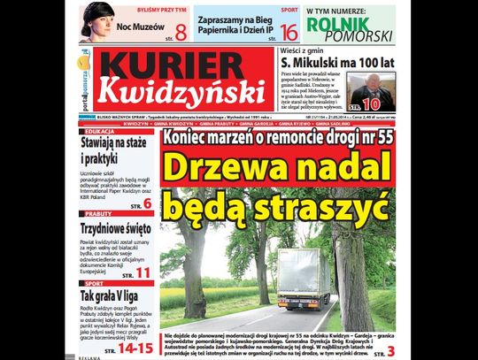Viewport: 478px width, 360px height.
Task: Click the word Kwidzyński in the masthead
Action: [181, 92]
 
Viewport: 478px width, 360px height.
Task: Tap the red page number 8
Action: [181, 33]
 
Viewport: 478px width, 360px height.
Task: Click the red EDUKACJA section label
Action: [99, 131]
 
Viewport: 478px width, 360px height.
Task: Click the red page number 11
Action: [143, 271]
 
